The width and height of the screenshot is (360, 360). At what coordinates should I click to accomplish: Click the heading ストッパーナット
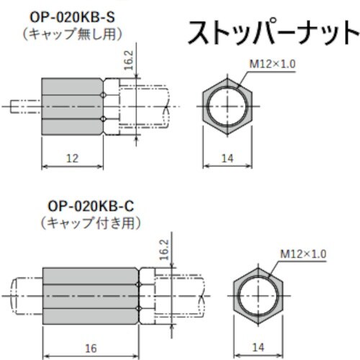tap(271, 32)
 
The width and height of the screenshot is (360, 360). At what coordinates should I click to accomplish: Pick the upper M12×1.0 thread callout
tap(272, 63)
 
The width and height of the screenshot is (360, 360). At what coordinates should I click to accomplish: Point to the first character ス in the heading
tap(197, 32)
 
